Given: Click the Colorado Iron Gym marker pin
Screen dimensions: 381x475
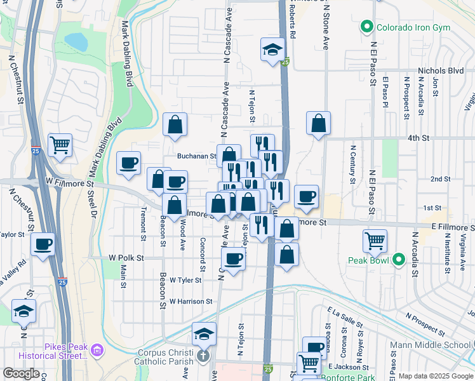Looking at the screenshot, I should (366, 27).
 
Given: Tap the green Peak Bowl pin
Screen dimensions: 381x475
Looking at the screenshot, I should (399, 259).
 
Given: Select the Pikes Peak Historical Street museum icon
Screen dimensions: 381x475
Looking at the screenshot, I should (97, 350).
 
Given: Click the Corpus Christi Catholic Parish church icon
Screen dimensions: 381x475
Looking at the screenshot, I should (203, 356).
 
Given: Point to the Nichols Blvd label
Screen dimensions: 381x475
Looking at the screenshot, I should (441, 71).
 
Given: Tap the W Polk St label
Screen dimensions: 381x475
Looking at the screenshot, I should (126, 258).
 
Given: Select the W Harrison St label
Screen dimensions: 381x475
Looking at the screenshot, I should (191, 301).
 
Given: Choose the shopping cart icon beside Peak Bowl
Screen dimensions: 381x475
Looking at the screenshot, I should (375, 241).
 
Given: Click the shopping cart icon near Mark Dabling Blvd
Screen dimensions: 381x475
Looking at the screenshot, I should (60, 144).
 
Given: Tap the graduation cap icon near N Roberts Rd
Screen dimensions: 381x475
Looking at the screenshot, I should (272, 50).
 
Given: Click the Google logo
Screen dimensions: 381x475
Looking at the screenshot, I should (21, 373).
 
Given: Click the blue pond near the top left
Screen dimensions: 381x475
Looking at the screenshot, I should (76, 41).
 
